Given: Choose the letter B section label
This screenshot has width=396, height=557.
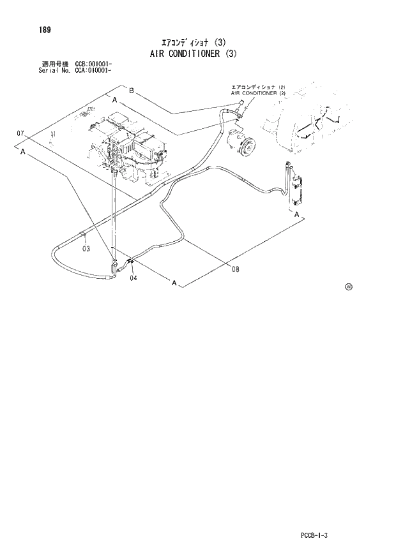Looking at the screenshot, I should (132, 91).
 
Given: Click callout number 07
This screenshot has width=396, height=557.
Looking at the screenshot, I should (20, 133).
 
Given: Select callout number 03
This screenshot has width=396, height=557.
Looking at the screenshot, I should (86, 249).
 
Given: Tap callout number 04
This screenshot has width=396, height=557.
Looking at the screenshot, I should (133, 278).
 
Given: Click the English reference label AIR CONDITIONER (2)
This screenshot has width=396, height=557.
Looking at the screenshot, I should (258, 93).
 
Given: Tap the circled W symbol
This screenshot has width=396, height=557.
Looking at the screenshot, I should (349, 286).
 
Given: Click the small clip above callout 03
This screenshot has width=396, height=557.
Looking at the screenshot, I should (85, 237).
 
